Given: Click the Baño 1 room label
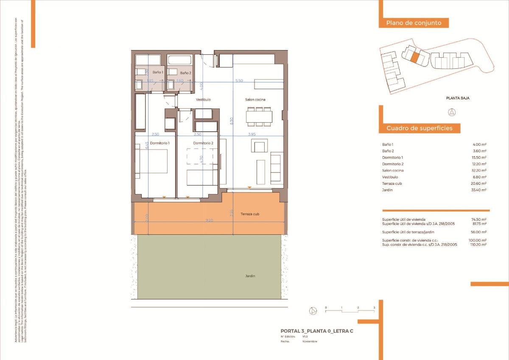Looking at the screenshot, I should tap(158, 73).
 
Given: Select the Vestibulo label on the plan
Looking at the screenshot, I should tap(203, 100).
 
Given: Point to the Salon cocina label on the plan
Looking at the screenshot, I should tap(255, 100).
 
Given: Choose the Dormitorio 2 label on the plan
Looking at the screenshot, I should tap(203, 143).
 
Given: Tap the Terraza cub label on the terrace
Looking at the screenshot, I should tap(250, 214).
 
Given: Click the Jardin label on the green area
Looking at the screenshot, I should tap(250, 276).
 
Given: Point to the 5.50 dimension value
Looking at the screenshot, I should tap(239, 81).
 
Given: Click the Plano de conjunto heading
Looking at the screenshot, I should tap(414, 23).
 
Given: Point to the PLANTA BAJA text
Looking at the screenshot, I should tap(458, 98).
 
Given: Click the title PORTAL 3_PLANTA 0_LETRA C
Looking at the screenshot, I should tap(317, 331).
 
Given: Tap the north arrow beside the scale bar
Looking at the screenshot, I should tap(313, 311).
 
